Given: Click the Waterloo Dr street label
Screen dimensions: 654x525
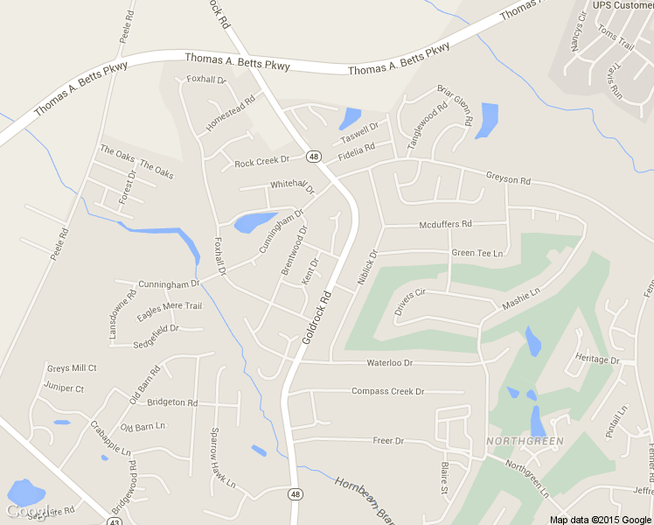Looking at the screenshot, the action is coord(389,362).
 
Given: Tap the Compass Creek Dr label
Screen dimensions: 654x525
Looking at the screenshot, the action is coord(387,391).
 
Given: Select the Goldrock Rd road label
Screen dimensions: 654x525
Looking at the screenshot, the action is coord(317,316).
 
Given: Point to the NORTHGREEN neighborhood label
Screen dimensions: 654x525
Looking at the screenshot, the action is coord(525,440).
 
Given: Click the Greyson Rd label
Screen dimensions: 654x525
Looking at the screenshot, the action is coord(508,179).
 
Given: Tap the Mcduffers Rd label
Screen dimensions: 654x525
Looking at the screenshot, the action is coord(445,224).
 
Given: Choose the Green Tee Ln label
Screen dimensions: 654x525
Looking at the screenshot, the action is coord(477,253).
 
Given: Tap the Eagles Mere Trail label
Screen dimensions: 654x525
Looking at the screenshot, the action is coord(169,306).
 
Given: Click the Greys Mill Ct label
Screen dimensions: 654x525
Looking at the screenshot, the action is coord(72,368).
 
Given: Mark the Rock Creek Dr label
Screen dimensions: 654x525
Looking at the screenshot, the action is coord(261,162).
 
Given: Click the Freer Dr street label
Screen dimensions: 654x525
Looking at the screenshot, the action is coord(388,441).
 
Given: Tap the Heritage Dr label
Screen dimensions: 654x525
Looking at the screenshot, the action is coord(597,360).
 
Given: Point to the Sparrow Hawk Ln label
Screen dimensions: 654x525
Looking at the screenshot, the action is coord(220,457).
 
